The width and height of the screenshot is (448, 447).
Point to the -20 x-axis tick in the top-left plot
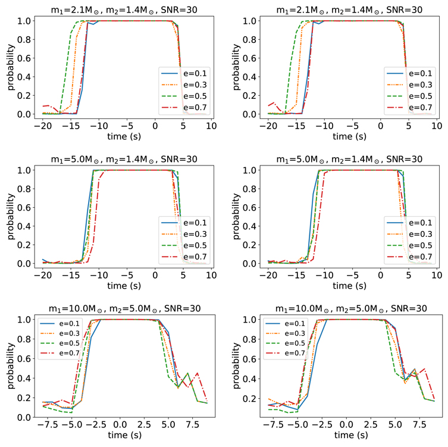coord(43,127)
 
